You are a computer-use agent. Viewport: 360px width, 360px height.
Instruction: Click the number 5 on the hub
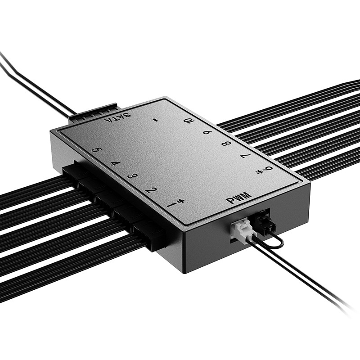click(x=95, y=151)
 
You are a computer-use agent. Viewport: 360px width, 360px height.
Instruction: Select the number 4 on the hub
click(x=114, y=163)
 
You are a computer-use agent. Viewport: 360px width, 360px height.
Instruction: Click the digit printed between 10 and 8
click(x=207, y=132)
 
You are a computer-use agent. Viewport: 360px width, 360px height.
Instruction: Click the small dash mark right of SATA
click(x=154, y=120)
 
